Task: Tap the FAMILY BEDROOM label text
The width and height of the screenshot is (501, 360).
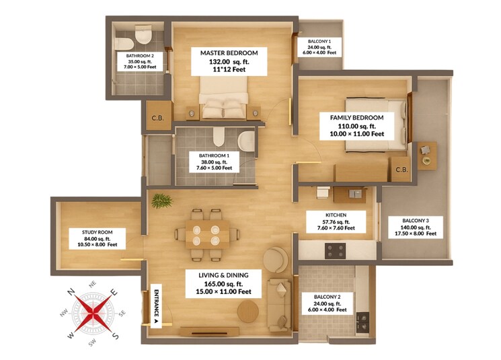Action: [x=356, y=118]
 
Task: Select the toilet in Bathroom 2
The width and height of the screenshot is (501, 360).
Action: [x=143, y=34]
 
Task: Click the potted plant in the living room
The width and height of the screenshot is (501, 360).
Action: [x=161, y=201]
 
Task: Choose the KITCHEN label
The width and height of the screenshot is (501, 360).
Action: [x=336, y=215]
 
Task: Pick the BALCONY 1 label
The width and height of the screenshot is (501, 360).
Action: [x=319, y=41]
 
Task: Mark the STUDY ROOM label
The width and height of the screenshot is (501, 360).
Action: [x=95, y=231]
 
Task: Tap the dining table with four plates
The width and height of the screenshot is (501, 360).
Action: [x=205, y=234]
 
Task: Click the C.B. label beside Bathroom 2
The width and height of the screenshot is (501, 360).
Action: [x=159, y=118]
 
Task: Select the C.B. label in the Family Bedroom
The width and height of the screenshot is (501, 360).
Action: [x=403, y=170]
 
